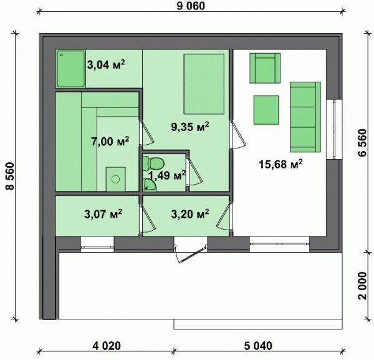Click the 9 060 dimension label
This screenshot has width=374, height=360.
click(x=191, y=6)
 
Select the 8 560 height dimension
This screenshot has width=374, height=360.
click(x=10, y=176)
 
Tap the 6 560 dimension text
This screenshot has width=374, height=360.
click(x=362, y=142)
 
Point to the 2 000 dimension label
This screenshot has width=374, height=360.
click(x=362, y=285)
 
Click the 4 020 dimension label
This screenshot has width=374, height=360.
click(x=107, y=346)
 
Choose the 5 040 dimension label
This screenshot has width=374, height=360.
click(x=258, y=346)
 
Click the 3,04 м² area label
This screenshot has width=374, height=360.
click(x=106, y=64)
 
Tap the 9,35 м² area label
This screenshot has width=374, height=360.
click(x=190, y=127)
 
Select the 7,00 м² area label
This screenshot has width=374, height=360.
click(x=110, y=142)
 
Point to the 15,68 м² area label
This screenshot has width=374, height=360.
click(x=280, y=164)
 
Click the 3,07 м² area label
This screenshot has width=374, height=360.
click(x=103, y=213)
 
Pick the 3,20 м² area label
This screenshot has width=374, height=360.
click(x=190, y=213)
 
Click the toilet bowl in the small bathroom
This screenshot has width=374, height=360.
click(x=153, y=163)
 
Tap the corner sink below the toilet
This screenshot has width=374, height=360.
click(x=149, y=185)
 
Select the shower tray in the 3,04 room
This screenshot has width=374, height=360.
click(x=71, y=69)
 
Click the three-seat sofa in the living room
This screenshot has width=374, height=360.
click(x=305, y=117)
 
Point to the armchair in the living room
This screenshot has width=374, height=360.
click(x=265, y=68)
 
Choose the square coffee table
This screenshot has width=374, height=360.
click(x=266, y=110)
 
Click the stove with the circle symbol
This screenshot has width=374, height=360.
click(x=116, y=179)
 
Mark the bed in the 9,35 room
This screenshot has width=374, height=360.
click(x=204, y=84)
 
